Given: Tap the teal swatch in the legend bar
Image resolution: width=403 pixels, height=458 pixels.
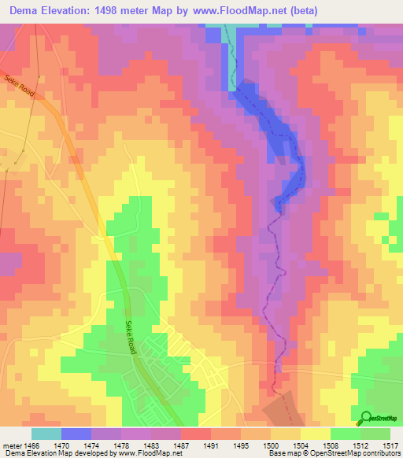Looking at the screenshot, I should coord(46,433).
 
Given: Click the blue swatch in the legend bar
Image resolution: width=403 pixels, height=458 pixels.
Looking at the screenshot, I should coord(76,433).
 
